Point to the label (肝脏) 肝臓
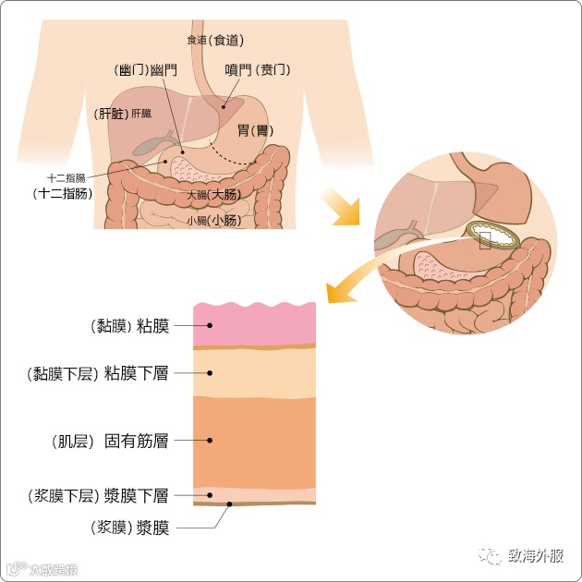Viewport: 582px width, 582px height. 124,114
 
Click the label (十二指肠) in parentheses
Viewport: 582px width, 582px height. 63,193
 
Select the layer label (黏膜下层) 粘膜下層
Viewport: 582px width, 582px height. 98,373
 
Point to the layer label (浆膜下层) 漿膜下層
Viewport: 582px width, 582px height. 98,496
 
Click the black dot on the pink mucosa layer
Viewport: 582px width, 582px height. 211,325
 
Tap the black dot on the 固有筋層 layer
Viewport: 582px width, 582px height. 211,441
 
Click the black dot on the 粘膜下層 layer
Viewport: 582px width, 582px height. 211,373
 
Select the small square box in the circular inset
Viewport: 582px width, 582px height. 484,240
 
